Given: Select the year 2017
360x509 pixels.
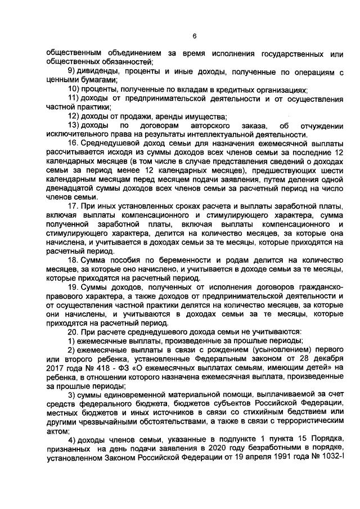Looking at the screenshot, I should pyautogui.click(x=55, y=367).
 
